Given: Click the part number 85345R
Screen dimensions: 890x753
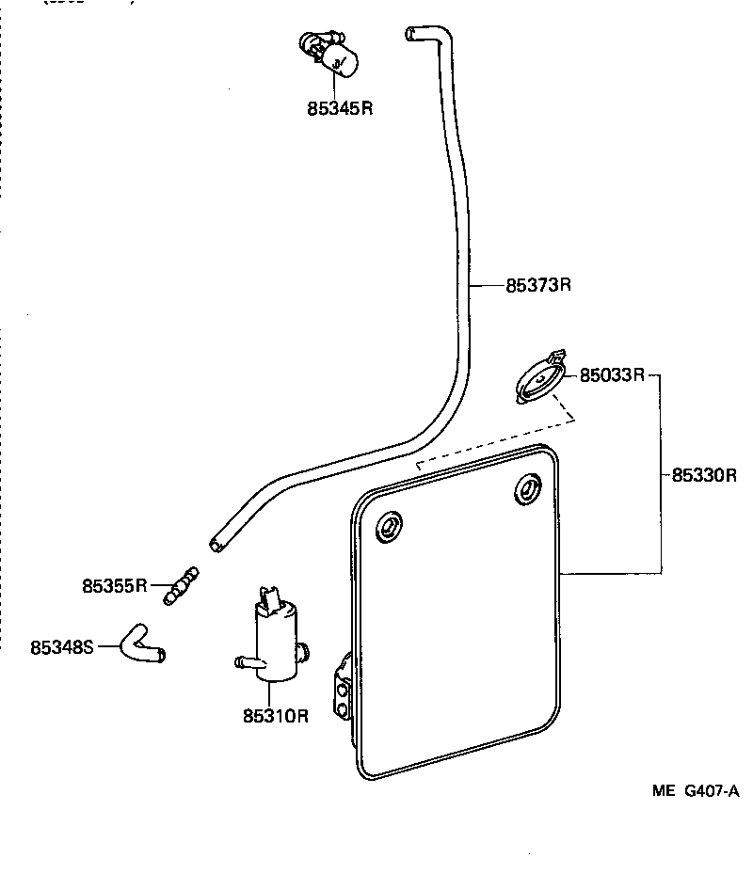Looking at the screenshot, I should click(340, 108).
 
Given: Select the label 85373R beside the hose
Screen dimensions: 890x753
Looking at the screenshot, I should click(538, 285).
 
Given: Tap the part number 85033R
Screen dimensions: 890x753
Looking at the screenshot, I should click(611, 375).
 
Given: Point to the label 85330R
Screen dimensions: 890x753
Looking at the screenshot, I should click(703, 475).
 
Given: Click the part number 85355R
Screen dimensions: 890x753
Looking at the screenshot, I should click(114, 586).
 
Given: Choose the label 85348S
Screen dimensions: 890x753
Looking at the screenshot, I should click(62, 647).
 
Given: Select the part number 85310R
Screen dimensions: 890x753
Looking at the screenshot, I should click(276, 716).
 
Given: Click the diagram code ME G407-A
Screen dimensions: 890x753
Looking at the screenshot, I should click(695, 791).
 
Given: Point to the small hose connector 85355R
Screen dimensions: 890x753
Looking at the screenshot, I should click(182, 584).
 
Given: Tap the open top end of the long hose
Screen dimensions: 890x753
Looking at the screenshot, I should click(411, 34).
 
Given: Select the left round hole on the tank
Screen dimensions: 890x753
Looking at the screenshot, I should click(388, 527).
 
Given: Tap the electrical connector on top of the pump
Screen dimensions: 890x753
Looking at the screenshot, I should click(270, 600).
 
